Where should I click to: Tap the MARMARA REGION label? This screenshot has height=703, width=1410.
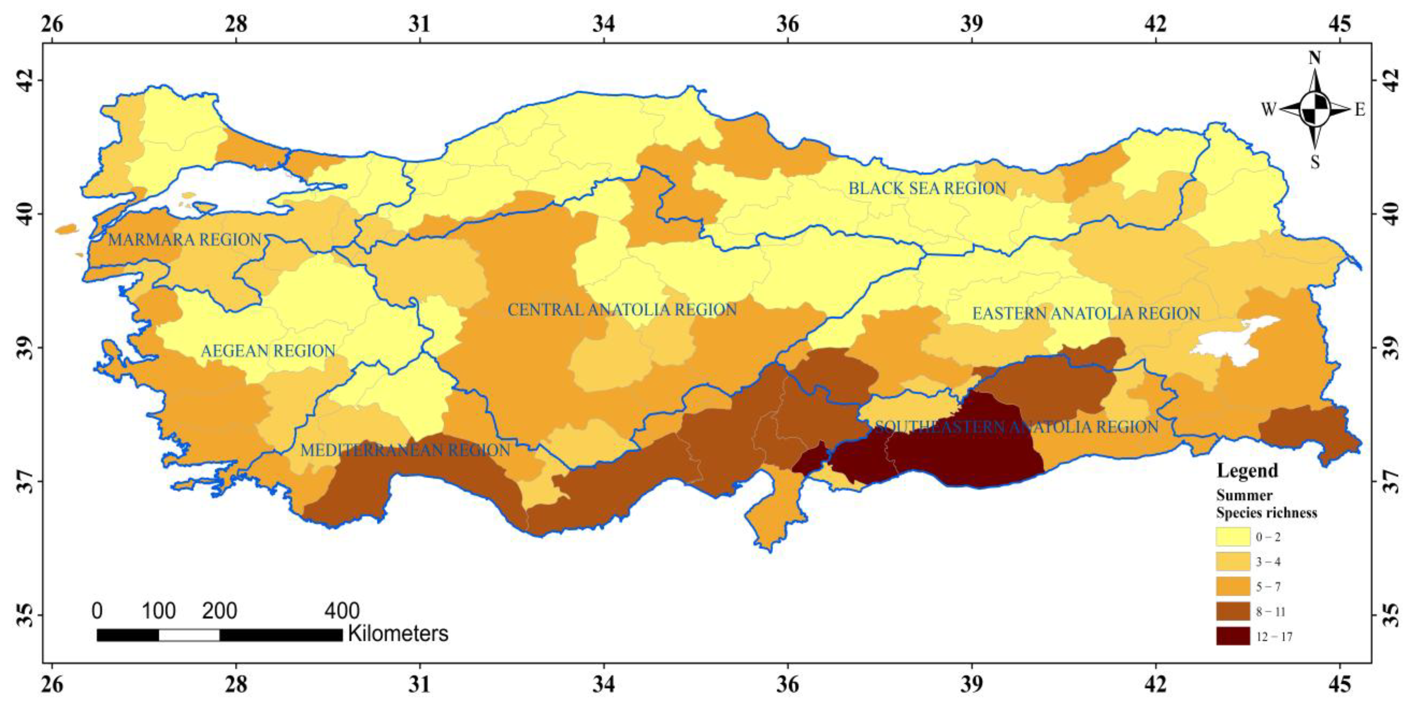coord(184,240)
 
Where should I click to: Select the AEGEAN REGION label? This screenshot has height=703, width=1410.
coord(268,351)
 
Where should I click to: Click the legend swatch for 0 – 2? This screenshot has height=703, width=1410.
coord(1233,537)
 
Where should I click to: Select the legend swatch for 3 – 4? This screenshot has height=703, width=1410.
coord(1233,562)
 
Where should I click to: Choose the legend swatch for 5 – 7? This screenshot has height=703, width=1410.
coord(1233,586)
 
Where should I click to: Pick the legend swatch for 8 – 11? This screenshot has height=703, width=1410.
coord(1233,611)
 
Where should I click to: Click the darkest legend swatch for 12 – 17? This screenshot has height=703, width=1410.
coord(1233,636)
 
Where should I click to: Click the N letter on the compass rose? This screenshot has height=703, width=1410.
coord(1314,58)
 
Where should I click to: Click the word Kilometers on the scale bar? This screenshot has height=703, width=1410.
coord(398,634)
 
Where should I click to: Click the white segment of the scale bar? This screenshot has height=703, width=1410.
coord(189,635)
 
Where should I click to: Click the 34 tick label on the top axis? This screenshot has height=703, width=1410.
coord(604,24)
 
